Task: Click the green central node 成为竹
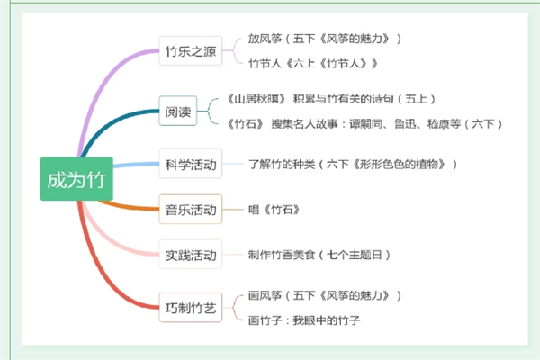click(x=76, y=179)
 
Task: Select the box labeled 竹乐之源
click(x=191, y=50)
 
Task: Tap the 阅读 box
click(x=178, y=111)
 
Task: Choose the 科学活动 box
click(x=191, y=164)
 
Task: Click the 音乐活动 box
click(x=191, y=209)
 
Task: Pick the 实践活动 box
click(x=191, y=255)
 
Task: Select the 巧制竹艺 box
click(x=191, y=308)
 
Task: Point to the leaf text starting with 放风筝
click(x=325, y=39)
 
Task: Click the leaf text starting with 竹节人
click(x=313, y=63)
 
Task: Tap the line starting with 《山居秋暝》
click(x=330, y=99)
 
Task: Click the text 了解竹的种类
click(x=353, y=164)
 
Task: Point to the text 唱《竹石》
click(x=274, y=210)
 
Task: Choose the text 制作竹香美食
click(x=319, y=255)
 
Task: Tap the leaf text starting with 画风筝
click(x=325, y=295)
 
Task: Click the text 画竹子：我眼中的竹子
click(x=304, y=320)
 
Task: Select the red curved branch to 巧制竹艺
click(x=100, y=272)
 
